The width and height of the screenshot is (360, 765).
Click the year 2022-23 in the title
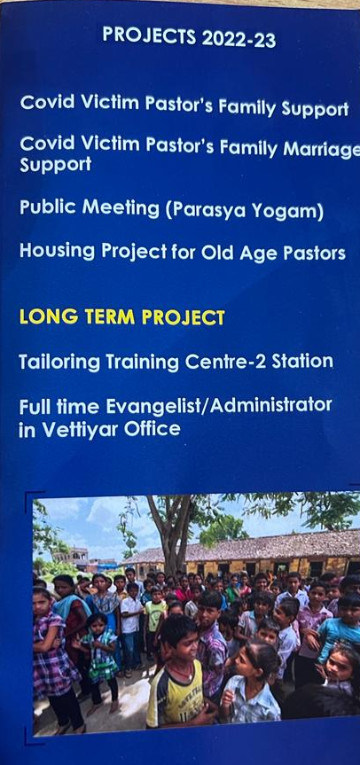point(239,39)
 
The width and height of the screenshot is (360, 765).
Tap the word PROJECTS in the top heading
point(149,36)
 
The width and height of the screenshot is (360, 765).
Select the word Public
point(47,207)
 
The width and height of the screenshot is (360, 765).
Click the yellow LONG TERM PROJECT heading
point(122,317)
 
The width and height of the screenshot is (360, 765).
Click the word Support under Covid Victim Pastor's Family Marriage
point(55,165)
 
